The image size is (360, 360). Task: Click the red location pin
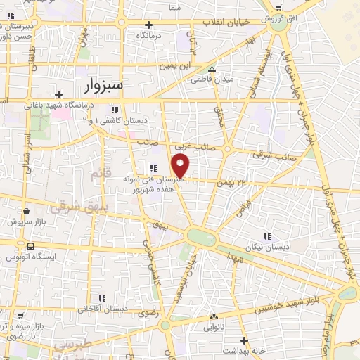tap(181, 166)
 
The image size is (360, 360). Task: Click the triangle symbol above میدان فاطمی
tap(212, 69)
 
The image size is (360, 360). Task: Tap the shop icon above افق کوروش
tap(279, 7)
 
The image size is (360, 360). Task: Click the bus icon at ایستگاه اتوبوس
tap(30, 247)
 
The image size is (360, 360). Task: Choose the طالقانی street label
tap(31, 58)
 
